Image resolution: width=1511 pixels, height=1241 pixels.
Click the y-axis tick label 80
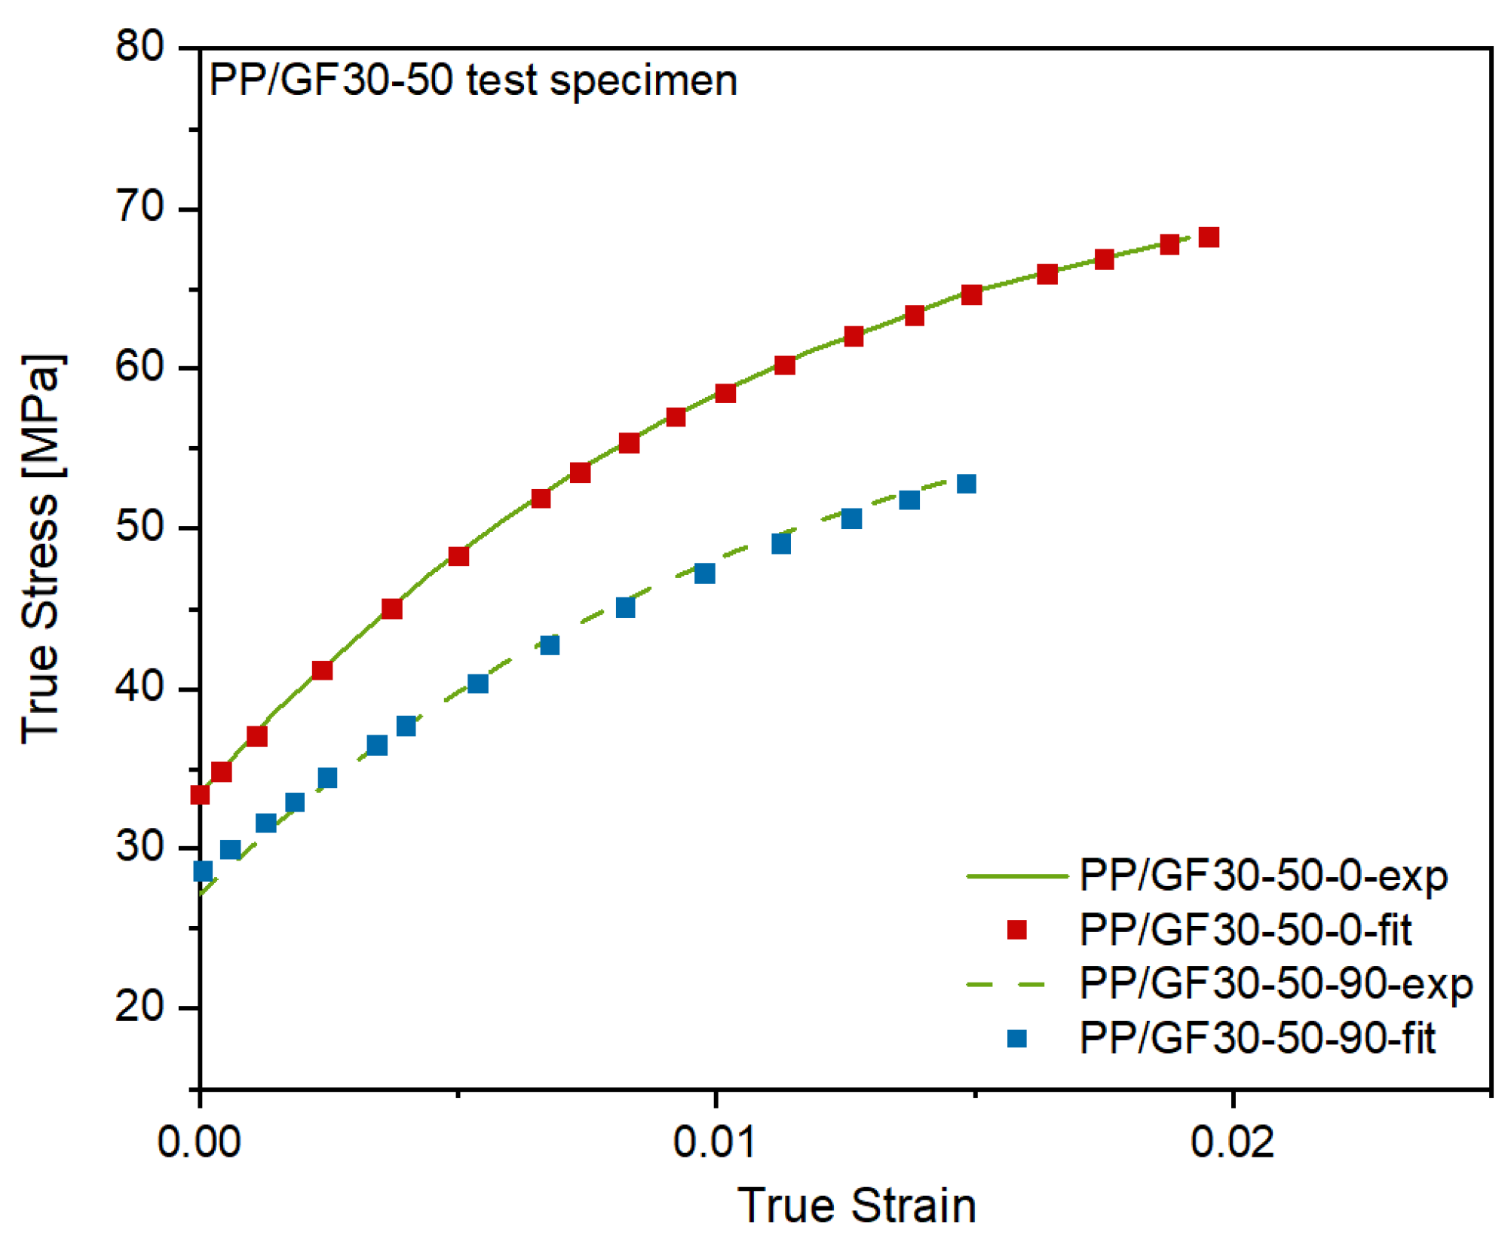[x=139, y=47]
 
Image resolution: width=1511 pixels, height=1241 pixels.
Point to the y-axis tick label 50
[x=139, y=527]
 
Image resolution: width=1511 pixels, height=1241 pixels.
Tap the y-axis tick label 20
[x=139, y=1007]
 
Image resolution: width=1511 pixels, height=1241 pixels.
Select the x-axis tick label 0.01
[x=713, y=1142]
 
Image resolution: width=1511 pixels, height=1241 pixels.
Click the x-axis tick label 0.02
[x=1232, y=1142]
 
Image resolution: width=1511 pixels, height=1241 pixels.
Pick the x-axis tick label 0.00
[x=198, y=1142]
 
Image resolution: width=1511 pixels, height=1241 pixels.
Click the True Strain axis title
[x=856, y=1206]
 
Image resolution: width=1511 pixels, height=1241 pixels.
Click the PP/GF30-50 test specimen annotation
[x=473, y=81]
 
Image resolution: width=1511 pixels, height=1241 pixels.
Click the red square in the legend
[x=1016, y=931]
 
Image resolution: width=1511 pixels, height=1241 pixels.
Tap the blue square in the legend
[x=1016, y=1039]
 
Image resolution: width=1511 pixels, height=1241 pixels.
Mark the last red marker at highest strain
[x=1209, y=237]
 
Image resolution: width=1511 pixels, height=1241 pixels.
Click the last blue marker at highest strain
[x=966, y=484]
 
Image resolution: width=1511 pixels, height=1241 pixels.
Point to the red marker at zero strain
[x=200, y=795]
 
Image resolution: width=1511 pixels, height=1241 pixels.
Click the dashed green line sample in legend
[x=1006, y=985]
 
